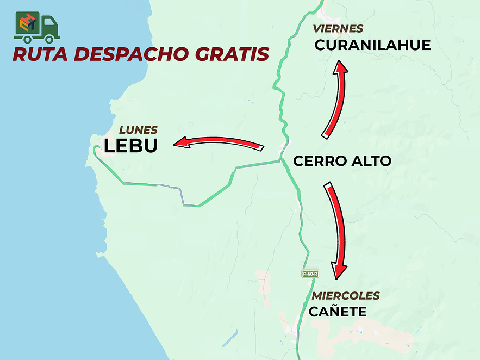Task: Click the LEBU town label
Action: (130, 146)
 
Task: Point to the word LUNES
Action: (139, 130)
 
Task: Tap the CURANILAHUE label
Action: (372, 45)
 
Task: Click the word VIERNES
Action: (338, 29)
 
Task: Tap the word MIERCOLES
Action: (345, 296)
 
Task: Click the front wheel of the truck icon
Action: (50, 39)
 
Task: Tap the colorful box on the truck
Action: (27, 23)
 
